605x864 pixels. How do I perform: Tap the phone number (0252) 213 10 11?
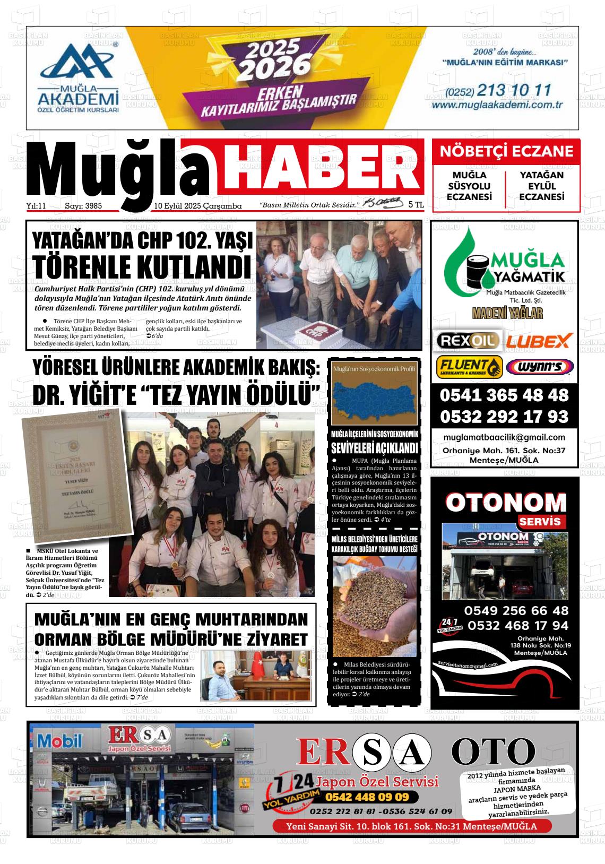point(498,90)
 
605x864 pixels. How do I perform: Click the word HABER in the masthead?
point(321,167)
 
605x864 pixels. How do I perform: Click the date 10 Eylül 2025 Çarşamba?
point(197,205)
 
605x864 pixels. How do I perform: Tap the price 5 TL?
point(416,204)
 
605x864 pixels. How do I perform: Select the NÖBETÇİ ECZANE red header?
point(506,151)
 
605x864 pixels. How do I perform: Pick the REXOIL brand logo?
point(467,340)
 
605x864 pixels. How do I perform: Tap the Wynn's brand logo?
point(539,367)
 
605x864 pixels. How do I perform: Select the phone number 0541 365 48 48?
point(504,395)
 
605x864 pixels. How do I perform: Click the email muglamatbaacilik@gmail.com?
point(504,437)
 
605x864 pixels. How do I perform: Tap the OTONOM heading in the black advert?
point(506,503)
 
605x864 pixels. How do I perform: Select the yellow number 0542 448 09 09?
point(367,797)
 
